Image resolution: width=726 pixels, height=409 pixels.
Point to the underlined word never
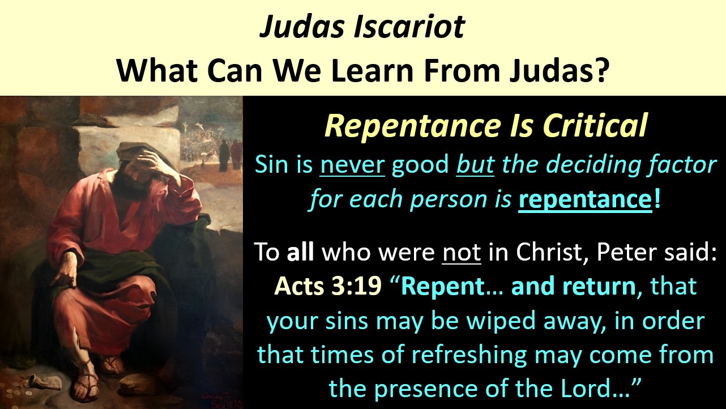point(352,165)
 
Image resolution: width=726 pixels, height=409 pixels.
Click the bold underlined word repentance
point(585,200)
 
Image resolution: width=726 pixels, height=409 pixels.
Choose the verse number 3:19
point(356,286)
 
